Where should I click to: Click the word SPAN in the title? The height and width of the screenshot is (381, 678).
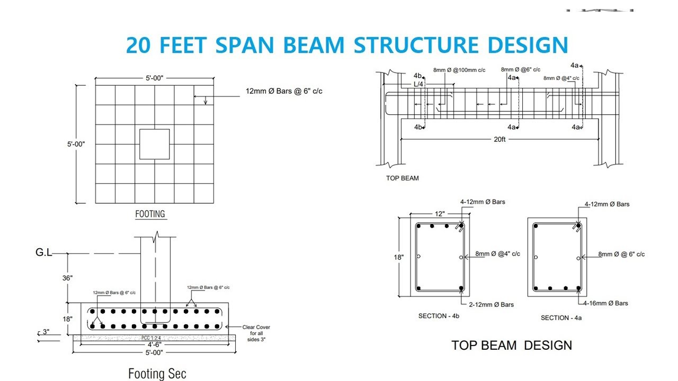click(245, 45)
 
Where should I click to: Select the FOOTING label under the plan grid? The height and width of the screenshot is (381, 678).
click(150, 214)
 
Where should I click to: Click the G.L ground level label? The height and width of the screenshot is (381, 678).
click(43, 252)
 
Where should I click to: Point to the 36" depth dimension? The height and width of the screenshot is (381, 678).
click(67, 278)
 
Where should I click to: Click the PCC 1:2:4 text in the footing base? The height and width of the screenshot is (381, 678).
click(151, 338)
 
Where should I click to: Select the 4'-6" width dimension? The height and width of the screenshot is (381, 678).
click(154, 344)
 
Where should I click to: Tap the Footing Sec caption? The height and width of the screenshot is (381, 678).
click(157, 374)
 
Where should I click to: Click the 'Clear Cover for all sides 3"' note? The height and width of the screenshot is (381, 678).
click(256, 333)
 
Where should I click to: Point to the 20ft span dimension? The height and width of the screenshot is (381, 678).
click(499, 139)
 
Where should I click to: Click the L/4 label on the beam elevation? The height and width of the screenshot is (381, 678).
click(418, 84)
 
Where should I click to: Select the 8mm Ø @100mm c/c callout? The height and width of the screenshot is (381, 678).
click(459, 70)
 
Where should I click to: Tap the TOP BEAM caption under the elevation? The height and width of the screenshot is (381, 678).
click(402, 178)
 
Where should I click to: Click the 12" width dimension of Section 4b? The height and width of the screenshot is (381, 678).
click(440, 214)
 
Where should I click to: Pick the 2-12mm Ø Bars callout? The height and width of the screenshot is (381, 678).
click(491, 304)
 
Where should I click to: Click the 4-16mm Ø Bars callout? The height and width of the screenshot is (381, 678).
click(605, 303)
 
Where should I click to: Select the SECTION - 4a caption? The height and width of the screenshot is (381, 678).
click(561, 318)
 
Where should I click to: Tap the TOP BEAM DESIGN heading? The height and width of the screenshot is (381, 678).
click(512, 346)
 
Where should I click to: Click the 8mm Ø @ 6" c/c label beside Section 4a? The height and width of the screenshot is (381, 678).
click(621, 255)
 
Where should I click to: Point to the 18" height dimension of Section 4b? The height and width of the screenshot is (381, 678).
click(399, 257)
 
